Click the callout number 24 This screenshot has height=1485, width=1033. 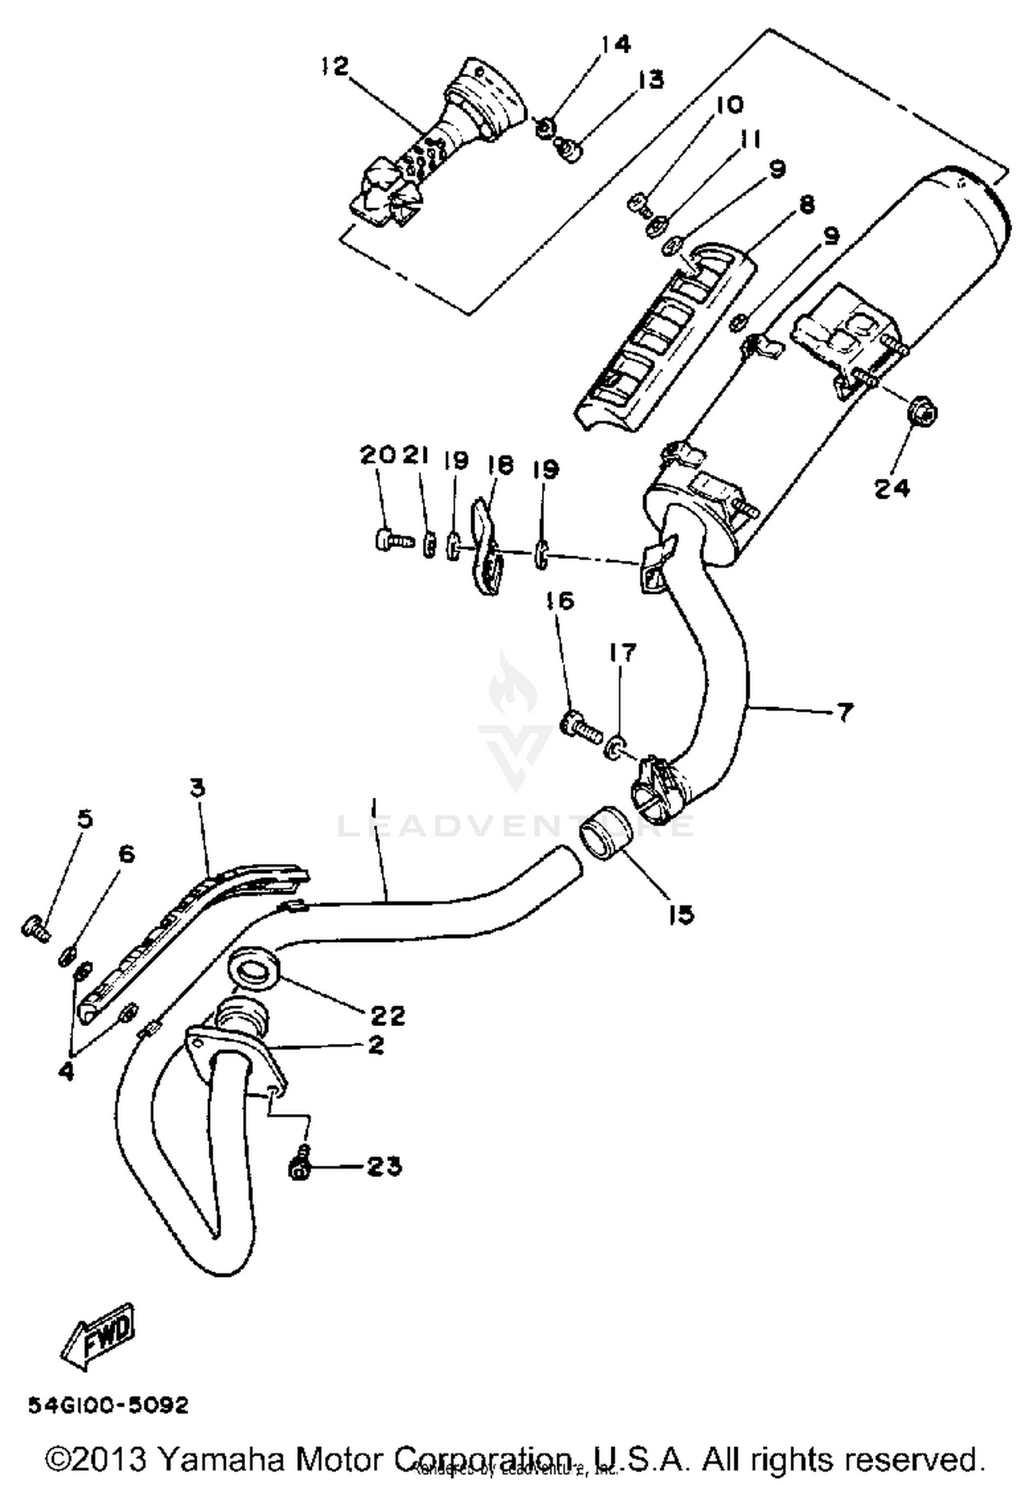click(x=893, y=488)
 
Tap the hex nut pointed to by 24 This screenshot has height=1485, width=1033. click(x=921, y=413)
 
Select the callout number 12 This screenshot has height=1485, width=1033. click(x=335, y=67)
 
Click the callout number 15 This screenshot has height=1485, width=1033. click(x=680, y=915)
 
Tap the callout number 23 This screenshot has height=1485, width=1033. click(x=384, y=1167)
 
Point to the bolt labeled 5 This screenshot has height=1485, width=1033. click(x=35, y=929)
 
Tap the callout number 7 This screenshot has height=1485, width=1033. click(x=844, y=712)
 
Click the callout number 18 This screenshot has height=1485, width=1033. click(x=500, y=465)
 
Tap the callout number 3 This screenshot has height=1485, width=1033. click(x=198, y=788)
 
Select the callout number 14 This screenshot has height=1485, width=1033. click(x=616, y=45)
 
